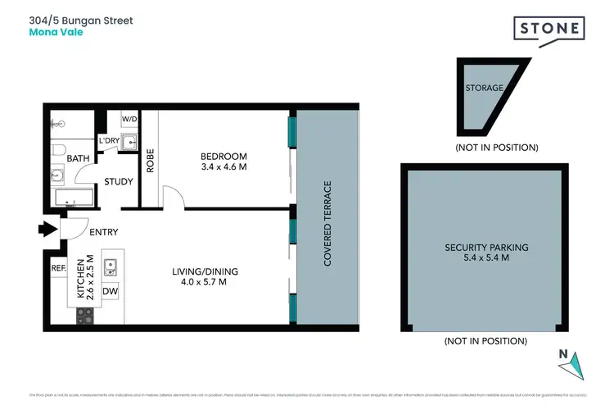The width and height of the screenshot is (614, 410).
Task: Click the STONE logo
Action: [549, 30]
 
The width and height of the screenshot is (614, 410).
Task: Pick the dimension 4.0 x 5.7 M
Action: [199, 282]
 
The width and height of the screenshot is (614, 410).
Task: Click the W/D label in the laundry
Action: [129, 120]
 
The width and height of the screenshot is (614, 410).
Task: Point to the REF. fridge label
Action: [58, 267]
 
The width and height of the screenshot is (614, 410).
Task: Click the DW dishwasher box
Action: [109, 290]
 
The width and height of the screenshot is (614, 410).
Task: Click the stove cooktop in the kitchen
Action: [86, 316]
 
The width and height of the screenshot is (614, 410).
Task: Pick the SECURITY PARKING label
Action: [486, 247]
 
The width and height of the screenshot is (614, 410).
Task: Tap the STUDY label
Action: [119, 181]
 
